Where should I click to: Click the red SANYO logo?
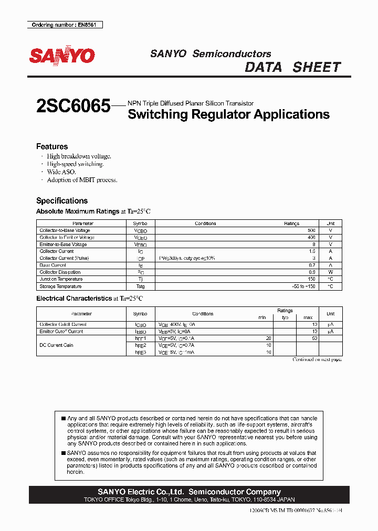pos(61,56)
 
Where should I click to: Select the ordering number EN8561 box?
pos(65,25)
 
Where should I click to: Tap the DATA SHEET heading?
pos(293,67)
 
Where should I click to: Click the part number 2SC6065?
pos(73,107)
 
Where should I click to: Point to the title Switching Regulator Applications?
pos(228,114)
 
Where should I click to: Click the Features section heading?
pos(51,146)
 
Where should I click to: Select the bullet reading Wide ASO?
pos(61,172)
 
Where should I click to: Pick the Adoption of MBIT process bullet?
pos(82,179)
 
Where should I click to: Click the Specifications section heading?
pos(61,200)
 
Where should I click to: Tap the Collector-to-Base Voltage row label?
pos(65,230)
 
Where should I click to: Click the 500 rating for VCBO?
pos(311,230)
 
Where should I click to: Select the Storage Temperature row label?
pos(60,286)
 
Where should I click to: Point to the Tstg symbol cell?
pos(140,286)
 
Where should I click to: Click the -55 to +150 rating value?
pos(303,286)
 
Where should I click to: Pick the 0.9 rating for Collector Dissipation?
pos(312,272)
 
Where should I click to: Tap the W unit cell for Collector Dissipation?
pos(330,272)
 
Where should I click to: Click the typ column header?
pos(285,317)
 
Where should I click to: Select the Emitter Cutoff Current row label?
pos(61,332)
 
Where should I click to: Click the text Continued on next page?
pos(317,359)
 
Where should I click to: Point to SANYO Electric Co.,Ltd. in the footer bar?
pos(141,492)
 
